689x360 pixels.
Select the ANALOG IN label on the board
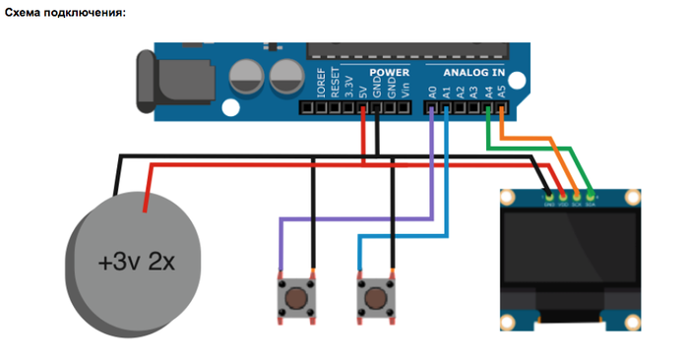pos(472,74)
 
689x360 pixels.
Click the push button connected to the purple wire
pos(294,297)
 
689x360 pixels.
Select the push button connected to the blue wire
pos(375,297)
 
